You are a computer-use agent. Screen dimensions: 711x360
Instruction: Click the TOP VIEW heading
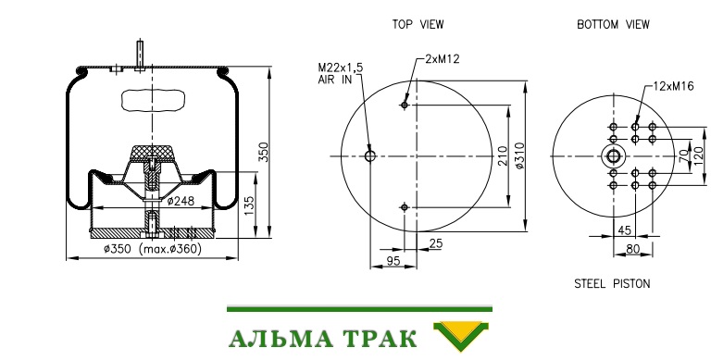pyautogui.click(x=418, y=24)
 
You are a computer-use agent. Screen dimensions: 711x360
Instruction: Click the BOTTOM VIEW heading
pyautogui.click(x=613, y=24)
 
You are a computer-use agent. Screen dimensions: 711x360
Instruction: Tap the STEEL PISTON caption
pyautogui.click(x=612, y=284)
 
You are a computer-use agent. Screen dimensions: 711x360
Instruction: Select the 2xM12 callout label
pyautogui.click(x=443, y=59)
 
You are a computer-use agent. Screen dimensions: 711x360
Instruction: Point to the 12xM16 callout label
pyautogui.click(x=673, y=86)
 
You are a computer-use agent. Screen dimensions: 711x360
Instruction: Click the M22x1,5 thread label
pyautogui.click(x=341, y=68)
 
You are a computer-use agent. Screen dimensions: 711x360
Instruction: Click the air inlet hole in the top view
pyautogui.click(x=370, y=156)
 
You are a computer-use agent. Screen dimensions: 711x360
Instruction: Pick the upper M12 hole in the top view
pyautogui.click(x=405, y=106)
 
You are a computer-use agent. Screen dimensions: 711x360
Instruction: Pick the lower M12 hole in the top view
pyautogui.click(x=405, y=207)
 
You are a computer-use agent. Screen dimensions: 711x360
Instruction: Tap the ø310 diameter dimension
pyautogui.click(x=519, y=156)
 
